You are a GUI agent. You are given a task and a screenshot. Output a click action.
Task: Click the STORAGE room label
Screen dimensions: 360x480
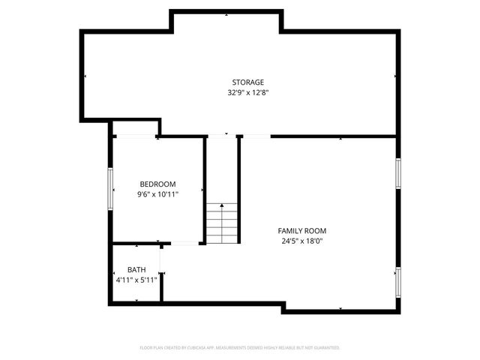247,82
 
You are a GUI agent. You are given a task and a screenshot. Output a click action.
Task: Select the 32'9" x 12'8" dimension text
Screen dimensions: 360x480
247,93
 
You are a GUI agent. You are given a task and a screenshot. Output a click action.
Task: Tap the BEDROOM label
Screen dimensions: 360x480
157,184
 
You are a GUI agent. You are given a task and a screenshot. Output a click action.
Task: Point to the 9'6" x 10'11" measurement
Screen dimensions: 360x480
157,194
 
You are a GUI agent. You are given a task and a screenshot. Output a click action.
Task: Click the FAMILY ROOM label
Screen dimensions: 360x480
301,231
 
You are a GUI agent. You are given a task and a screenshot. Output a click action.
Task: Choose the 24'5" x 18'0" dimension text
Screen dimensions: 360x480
301,241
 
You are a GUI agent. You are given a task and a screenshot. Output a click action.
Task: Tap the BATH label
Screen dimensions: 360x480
136,270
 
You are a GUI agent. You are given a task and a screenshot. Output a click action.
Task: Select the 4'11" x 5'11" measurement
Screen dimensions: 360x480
136,280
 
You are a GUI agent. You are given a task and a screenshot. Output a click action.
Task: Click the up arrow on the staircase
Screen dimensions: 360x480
222,205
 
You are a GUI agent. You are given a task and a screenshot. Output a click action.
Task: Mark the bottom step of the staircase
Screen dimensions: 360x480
222,239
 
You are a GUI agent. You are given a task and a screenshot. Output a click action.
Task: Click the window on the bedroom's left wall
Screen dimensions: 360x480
111,190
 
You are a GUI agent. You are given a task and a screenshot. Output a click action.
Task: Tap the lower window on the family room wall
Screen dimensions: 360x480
398,281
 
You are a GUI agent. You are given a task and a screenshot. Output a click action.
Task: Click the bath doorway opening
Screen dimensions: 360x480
162,259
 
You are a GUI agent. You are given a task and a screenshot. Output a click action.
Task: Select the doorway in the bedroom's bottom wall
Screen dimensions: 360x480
184,243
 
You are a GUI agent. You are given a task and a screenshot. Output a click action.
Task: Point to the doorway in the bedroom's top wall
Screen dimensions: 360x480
135,136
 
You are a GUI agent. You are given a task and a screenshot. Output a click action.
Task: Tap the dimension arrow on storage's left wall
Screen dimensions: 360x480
85,76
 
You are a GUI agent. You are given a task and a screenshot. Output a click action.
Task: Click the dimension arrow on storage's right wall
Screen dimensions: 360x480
395,76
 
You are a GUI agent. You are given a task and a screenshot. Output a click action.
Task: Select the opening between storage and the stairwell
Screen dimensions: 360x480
222,136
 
